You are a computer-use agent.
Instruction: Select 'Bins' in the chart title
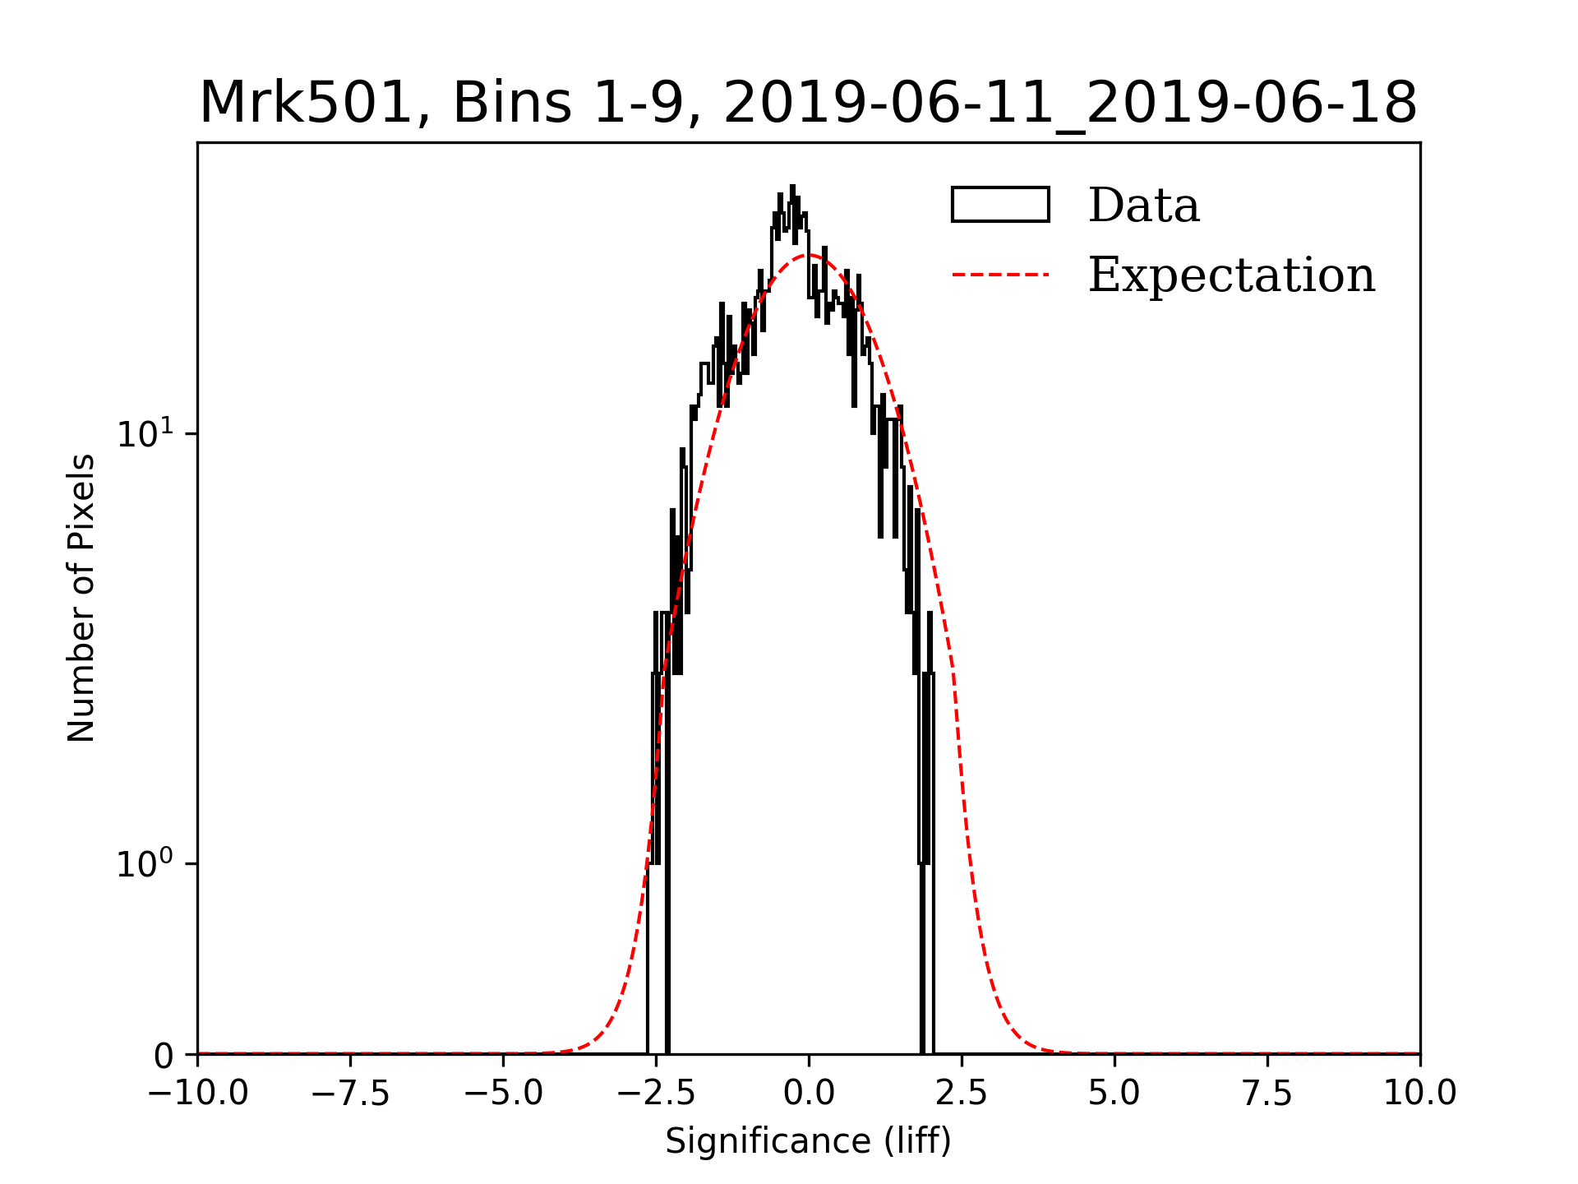(x=511, y=104)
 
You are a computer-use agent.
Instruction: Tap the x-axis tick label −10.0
(x=197, y=1094)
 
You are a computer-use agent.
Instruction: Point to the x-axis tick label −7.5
(x=350, y=1094)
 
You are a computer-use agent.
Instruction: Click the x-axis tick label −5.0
(x=503, y=1094)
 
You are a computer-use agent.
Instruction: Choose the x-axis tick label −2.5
(x=656, y=1094)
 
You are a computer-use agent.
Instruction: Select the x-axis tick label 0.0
(x=809, y=1094)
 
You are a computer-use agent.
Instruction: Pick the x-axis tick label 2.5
(x=962, y=1094)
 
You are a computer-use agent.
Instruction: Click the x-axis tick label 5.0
(x=1114, y=1094)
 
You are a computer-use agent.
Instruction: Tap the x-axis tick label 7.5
(x=1267, y=1094)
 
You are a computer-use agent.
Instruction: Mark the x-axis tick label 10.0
(x=1420, y=1094)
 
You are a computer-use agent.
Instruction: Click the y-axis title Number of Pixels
(x=81, y=598)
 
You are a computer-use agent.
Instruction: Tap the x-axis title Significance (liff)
(x=809, y=1141)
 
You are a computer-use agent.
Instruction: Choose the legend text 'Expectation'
(x=1231, y=275)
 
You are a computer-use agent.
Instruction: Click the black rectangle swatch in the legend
(x=1000, y=205)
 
